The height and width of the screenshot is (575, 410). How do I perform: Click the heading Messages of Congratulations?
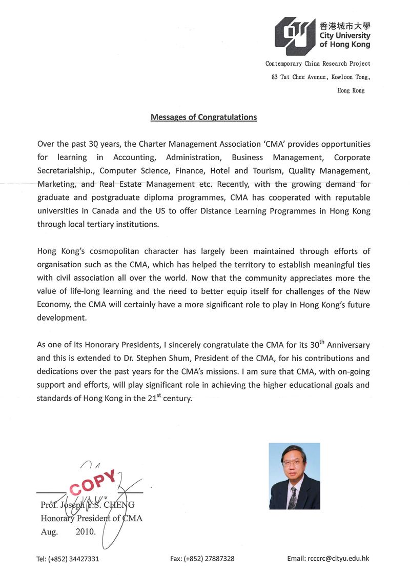203,117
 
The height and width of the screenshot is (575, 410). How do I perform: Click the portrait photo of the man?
294,475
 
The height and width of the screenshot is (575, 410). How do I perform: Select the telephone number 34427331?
81,559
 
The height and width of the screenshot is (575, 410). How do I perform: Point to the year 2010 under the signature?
85,532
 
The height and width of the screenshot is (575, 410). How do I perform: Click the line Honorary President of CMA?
91,519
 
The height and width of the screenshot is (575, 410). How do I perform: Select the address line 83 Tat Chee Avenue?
320,77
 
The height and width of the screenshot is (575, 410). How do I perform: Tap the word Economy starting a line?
53,305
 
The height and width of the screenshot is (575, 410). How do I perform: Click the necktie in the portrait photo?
293,497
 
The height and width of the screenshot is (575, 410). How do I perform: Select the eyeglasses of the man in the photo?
293,462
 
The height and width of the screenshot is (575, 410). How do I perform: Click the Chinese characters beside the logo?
344,26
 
